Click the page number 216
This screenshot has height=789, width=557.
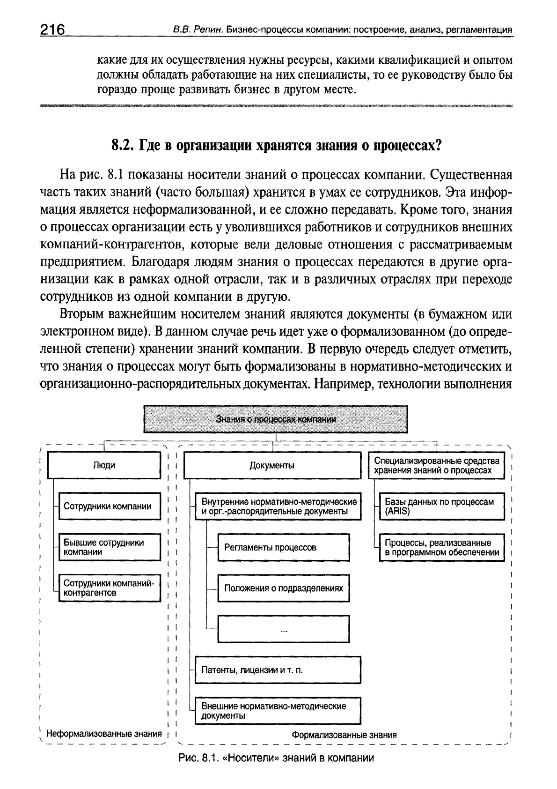click(52, 29)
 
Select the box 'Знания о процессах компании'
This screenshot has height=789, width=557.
click(276, 419)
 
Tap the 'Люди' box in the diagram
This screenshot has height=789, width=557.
click(104, 465)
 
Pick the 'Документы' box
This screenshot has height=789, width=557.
click(272, 465)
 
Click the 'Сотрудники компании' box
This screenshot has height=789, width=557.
click(109, 506)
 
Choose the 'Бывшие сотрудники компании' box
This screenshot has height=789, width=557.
click(109, 547)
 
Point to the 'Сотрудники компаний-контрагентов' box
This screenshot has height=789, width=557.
click(109, 588)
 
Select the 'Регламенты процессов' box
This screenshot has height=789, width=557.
click(284, 547)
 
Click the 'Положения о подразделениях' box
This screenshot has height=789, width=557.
click(284, 588)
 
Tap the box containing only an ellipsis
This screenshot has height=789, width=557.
click(284, 629)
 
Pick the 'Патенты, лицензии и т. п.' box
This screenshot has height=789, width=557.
click(278, 670)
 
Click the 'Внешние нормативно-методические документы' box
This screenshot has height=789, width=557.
click(278, 711)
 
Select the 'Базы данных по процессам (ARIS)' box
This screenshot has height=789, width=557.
click(441, 506)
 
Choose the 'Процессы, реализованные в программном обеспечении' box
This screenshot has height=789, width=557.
click(441, 547)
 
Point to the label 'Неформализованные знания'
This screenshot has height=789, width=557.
click(103, 734)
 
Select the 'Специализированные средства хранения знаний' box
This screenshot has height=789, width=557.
click(437, 465)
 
